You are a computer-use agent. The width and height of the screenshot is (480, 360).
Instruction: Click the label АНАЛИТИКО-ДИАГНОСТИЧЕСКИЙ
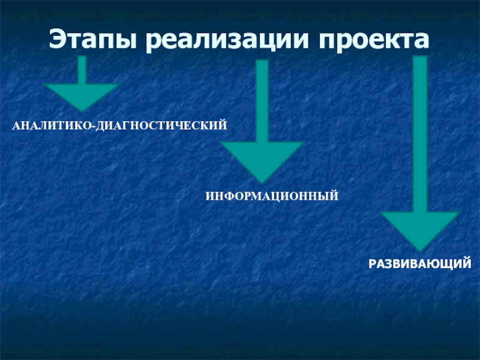(x=121, y=127)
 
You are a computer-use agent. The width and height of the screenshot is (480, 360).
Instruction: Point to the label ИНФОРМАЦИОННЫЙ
(x=272, y=196)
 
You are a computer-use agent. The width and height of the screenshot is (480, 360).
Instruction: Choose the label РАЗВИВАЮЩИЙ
(x=419, y=263)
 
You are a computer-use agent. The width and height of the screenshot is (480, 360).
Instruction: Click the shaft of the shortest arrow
(x=82, y=69)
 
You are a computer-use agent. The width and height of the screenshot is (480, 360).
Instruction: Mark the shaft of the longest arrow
(x=420, y=132)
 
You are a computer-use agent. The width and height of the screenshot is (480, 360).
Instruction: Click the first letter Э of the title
(x=58, y=40)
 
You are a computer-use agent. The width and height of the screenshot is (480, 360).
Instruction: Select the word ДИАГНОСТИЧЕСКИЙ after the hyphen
(x=160, y=127)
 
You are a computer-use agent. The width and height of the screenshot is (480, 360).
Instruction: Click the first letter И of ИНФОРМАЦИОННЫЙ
(x=210, y=196)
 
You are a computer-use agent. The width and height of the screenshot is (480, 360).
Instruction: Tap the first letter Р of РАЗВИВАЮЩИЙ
(x=372, y=263)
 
